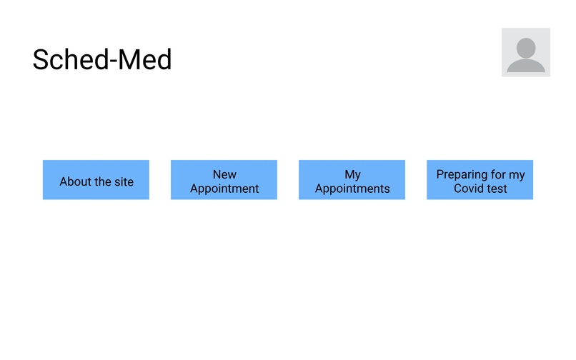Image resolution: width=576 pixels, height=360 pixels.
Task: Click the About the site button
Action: click(x=96, y=180)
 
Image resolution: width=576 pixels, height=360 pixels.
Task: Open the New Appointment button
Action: click(x=224, y=180)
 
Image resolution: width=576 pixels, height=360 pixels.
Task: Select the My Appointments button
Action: click(x=352, y=180)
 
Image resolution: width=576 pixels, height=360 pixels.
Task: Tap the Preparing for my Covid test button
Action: click(x=480, y=180)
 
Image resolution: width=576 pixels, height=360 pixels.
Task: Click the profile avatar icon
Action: click(x=525, y=52)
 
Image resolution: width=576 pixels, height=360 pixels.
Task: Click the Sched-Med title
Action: click(x=102, y=60)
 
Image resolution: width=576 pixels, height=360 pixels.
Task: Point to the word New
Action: click(x=224, y=174)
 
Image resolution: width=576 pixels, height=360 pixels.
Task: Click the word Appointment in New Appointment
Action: click(x=224, y=189)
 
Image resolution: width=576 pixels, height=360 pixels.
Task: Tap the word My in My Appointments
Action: click(x=352, y=174)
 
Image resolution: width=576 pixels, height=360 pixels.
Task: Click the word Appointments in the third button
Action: click(x=352, y=189)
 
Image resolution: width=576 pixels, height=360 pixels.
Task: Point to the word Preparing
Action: click(x=462, y=174)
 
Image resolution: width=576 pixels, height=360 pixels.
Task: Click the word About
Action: click(x=75, y=181)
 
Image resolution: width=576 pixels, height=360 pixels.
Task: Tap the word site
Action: click(x=123, y=181)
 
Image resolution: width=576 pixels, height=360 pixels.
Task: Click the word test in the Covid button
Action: click(x=497, y=189)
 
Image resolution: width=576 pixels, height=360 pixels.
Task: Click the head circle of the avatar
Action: click(x=525, y=47)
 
